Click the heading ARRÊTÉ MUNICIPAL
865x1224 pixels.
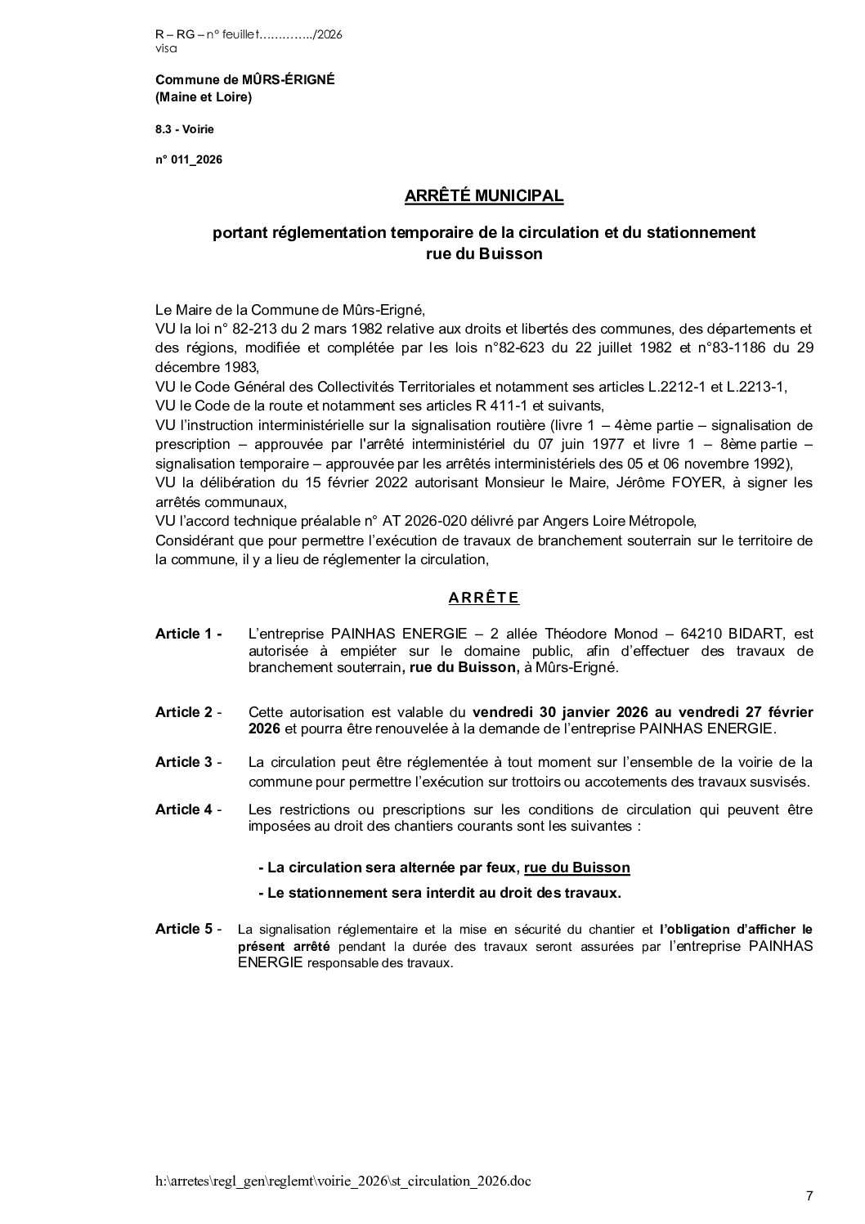484,196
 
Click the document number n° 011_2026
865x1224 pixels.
188,159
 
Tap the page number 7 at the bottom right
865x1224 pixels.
809,1196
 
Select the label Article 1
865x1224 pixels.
187,634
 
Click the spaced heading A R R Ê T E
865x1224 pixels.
484,598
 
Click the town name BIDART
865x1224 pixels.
746,634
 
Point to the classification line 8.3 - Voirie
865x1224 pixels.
185,129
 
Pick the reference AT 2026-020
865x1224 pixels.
388,521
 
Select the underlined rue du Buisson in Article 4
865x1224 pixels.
577,868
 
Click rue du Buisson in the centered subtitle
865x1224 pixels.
484,253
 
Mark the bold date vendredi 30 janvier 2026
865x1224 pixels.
549,712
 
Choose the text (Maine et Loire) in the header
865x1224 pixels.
204,98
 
